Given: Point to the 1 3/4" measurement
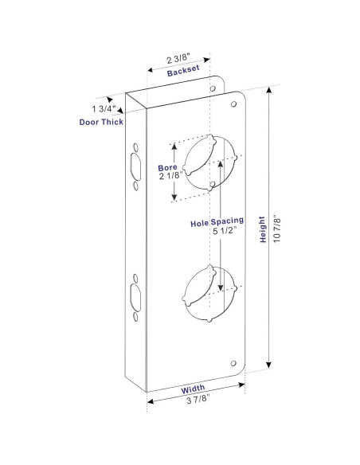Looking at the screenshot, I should click(x=104, y=107).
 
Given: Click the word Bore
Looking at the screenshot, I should click(x=166, y=168).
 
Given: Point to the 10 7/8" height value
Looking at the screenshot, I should click(x=276, y=229).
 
